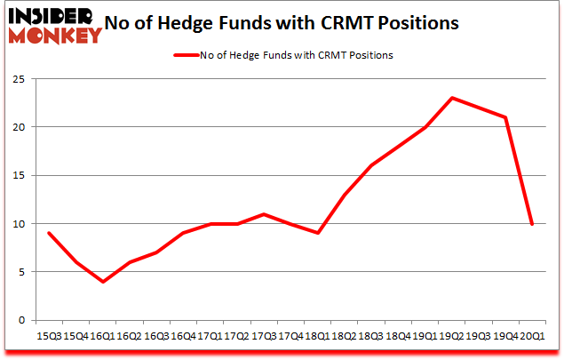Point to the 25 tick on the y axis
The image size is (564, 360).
pyautogui.click(x=20, y=78)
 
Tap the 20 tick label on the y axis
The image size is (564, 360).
pyautogui.click(x=20, y=127)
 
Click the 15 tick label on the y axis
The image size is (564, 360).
pyautogui.click(x=20, y=175)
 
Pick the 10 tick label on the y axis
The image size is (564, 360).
pyautogui.click(x=20, y=224)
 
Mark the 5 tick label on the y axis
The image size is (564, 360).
pyautogui.click(x=22, y=272)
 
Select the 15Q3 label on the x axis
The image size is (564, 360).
pyautogui.click(x=48, y=337)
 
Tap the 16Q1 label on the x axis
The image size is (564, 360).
pyautogui.click(x=102, y=337)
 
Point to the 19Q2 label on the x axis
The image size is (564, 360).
pyautogui.click(x=453, y=337)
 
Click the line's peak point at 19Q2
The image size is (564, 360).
pyautogui.click(x=453, y=98)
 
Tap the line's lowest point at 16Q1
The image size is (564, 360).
pyautogui.click(x=103, y=282)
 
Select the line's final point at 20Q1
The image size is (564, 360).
pyautogui.click(x=531, y=224)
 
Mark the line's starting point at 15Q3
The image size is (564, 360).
pyautogui.click(x=48, y=233)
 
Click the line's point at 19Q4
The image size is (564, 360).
pyautogui.click(x=505, y=117)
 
